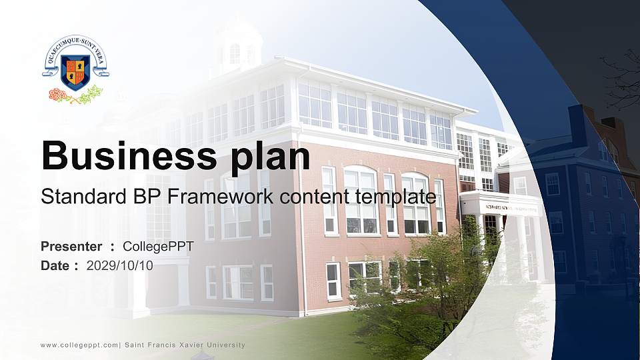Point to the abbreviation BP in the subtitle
(151, 197)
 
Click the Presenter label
(71, 247)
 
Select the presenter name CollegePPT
(158, 247)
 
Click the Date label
(55, 265)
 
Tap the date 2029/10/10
(120, 265)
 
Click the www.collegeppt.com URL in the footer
(79, 345)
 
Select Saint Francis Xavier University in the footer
(185, 345)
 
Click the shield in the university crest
(75, 72)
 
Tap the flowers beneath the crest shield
(75, 95)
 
